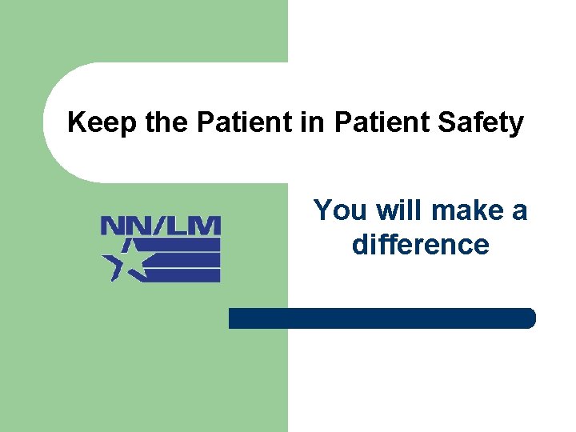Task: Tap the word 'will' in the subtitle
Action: pyautogui.click(x=401, y=211)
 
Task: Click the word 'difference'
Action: pyautogui.click(x=420, y=245)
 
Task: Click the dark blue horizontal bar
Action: pyautogui.click(x=382, y=318)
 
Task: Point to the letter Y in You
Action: pyautogui.click(x=322, y=211)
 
